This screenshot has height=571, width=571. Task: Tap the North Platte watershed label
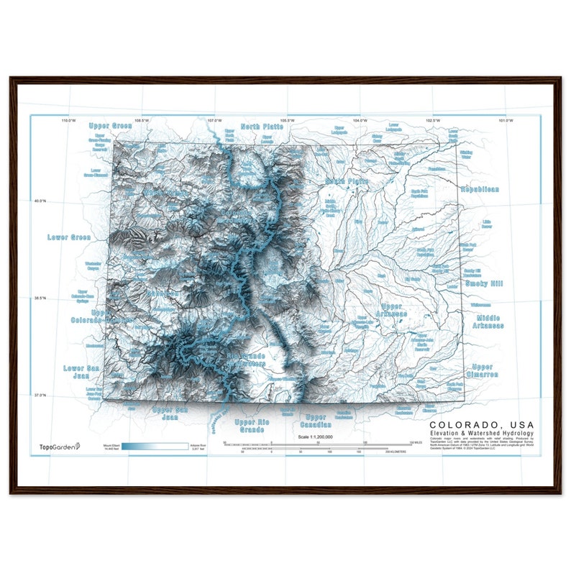tap(262, 127)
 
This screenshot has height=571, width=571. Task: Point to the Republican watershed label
tap(480, 189)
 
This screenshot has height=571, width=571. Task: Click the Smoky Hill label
tap(485, 283)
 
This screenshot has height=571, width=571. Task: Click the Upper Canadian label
tap(316, 421)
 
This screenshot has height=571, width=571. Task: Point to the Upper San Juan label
tap(170, 413)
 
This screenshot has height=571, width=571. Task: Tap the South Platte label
tap(347, 181)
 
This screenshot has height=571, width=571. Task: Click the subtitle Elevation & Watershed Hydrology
tap(481, 434)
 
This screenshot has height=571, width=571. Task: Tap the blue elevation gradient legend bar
tap(155, 446)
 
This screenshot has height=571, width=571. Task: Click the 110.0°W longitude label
tap(68, 120)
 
